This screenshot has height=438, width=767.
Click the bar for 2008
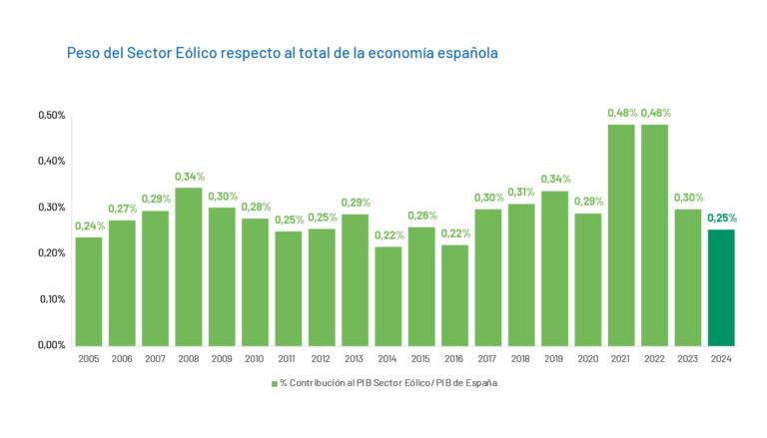[189, 266]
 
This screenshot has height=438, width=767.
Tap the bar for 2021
[621, 234]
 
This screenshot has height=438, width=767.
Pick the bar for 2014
[388, 295]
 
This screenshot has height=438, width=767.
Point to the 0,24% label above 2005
[89, 225]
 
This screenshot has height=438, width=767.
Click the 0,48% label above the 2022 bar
[654, 113]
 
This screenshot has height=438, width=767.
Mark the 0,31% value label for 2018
[521, 193]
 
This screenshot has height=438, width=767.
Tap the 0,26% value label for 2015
[421, 216]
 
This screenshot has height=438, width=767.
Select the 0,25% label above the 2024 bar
[721, 219]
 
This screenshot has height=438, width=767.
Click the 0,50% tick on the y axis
[52, 116]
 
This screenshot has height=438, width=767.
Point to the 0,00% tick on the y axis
[52, 345]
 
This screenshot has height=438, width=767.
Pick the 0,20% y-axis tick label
[52, 253]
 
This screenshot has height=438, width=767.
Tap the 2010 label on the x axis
[255, 358]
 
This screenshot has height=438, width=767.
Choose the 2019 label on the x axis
[554, 358]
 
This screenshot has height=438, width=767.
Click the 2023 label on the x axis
[687, 358]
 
